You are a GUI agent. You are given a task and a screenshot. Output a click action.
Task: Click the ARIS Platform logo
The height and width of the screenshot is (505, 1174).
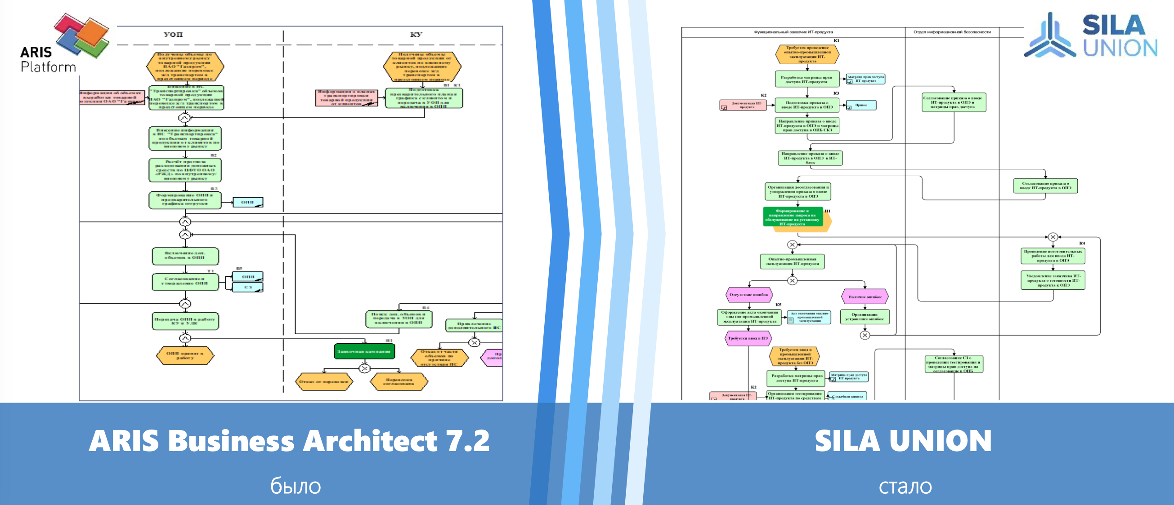pos(64,43)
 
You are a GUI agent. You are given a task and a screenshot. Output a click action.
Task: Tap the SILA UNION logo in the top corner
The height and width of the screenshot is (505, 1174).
pos(1091,35)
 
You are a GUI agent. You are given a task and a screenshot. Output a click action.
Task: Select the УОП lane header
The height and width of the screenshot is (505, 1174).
pos(173,35)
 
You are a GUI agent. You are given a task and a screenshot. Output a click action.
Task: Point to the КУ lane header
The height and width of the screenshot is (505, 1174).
pos(416,35)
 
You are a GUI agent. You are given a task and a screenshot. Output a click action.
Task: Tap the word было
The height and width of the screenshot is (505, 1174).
pos(296,486)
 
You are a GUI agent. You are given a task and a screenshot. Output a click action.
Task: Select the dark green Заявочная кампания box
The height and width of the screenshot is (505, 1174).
pos(364,351)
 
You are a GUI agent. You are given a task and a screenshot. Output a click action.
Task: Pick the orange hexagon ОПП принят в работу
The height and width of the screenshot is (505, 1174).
pos(185,356)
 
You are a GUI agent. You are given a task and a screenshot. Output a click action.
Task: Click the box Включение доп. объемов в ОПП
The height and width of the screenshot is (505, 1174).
pos(185,256)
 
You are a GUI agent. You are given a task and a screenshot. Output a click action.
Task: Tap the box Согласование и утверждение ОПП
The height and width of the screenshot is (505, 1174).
pos(185,281)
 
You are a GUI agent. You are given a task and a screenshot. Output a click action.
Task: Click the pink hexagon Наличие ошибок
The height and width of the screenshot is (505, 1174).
pos(865,297)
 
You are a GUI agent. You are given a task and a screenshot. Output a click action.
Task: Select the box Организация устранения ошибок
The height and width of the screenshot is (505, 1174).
pos(865,317)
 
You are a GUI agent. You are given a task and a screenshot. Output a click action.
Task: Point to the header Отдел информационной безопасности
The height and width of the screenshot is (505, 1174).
pos(952,32)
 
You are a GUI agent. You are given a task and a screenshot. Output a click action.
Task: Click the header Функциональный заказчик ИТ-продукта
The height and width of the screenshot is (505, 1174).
pos(793,32)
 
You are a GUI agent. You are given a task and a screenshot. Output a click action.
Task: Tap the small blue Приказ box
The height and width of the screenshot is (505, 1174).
pos(861,105)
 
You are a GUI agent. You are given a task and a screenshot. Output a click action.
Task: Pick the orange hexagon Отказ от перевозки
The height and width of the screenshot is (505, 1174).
pos(323,381)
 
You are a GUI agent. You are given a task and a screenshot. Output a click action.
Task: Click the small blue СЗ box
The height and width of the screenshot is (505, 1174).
pos(248,288)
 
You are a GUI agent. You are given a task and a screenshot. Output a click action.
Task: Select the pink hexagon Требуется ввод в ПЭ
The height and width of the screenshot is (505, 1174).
pos(748,338)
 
